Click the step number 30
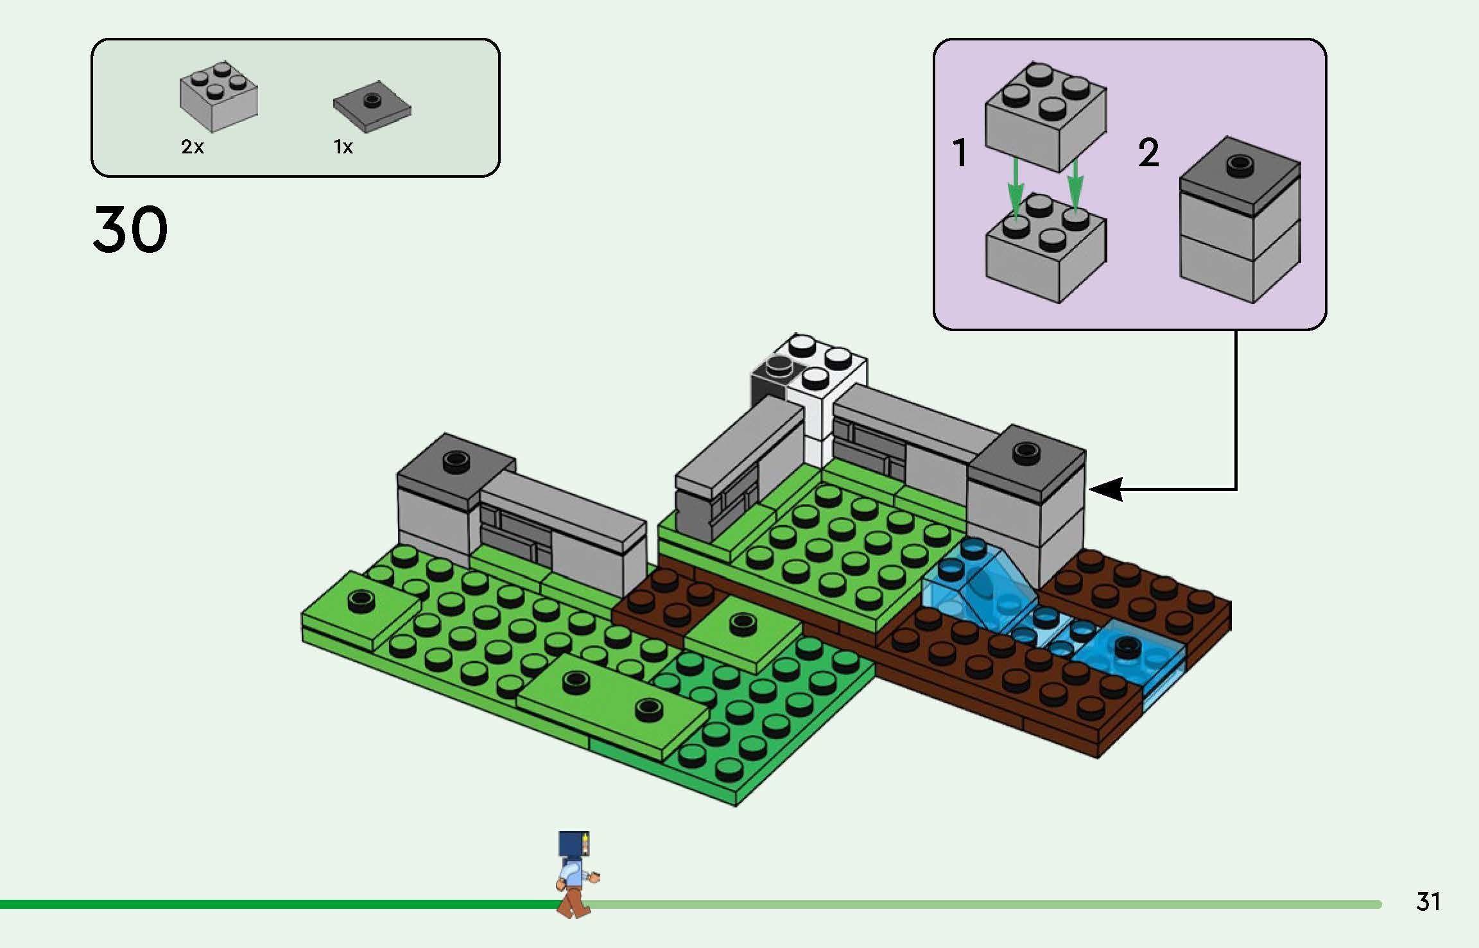click(130, 229)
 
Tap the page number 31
click(1428, 901)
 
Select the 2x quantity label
click(192, 148)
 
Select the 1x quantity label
click(343, 148)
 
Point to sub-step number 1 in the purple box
click(960, 153)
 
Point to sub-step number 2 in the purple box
click(1148, 153)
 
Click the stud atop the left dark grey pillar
click(456, 460)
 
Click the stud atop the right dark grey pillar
click(1025, 451)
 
